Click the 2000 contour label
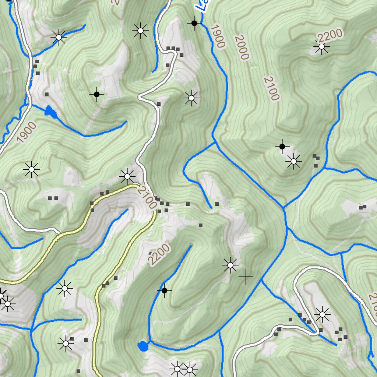point(242,47)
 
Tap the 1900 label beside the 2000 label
point(218,36)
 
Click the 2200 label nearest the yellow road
point(159,255)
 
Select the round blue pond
point(143,346)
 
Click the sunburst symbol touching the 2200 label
point(322,47)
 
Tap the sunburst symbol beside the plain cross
point(230,265)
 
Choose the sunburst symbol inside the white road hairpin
point(322,314)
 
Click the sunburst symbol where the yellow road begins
point(127,177)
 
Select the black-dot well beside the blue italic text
point(194,24)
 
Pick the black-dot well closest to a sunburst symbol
point(282,147)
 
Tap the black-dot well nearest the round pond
point(165,291)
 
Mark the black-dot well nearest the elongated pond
point(96,95)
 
